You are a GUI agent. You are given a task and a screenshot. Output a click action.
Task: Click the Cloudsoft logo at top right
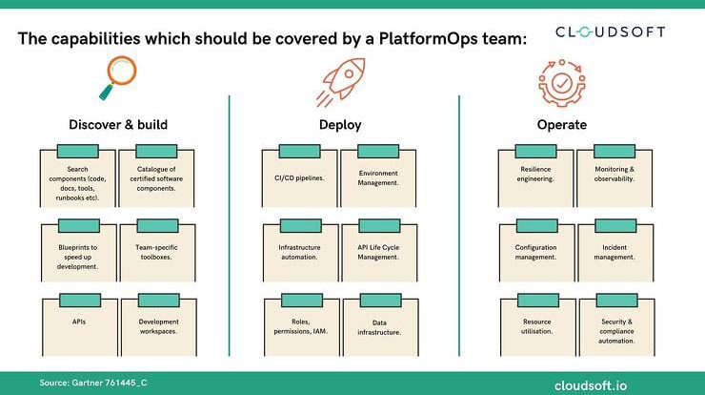click(x=610, y=32)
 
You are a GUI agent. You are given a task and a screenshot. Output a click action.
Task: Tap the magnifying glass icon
click(x=118, y=77)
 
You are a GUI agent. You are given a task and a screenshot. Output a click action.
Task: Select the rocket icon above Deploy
click(x=340, y=82)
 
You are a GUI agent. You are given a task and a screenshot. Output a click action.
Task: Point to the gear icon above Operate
click(x=562, y=83)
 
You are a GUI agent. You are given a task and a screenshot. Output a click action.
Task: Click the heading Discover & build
click(x=118, y=125)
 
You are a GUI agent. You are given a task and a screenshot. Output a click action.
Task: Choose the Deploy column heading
click(x=340, y=125)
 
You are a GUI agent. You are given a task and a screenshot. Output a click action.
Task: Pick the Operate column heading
click(x=562, y=125)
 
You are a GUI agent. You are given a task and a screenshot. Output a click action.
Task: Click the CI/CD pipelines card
click(x=299, y=177)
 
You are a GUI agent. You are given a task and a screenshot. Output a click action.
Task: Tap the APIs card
click(x=80, y=324)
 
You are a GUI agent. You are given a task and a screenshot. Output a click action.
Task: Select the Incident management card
click(x=615, y=250)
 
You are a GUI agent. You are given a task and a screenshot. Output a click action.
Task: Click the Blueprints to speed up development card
click(x=78, y=250)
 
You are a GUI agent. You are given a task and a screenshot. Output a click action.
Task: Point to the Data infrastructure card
click(x=380, y=324)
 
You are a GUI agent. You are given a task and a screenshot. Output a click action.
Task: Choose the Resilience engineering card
click(x=535, y=177)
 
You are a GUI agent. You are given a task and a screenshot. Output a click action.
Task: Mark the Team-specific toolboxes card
click(x=157, y=250)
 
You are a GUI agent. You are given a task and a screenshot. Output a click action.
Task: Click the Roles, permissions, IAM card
click(x=302, y=324)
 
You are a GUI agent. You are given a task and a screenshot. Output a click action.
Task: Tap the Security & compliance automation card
click(x=617, y=324)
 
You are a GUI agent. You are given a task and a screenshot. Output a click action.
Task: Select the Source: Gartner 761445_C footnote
click(x=93, y=383)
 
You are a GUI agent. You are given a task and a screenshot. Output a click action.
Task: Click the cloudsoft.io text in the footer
click(x=591, y=386)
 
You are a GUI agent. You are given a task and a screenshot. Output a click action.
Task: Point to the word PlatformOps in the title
click(x=428, y=38)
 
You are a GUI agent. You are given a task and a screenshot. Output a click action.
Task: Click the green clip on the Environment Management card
click(x=378, y=152)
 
